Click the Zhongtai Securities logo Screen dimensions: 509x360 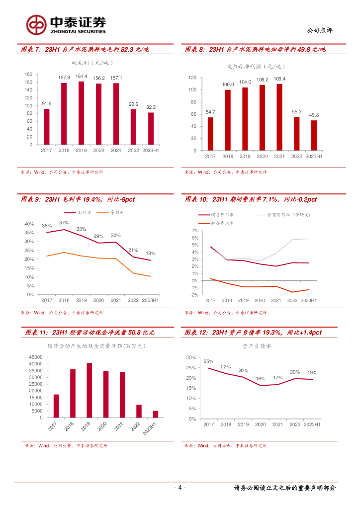click(66, 24)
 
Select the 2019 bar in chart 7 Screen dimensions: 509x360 click(81, 113)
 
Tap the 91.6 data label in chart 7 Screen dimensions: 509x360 click(46, 103)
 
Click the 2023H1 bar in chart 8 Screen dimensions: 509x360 click(314, 135)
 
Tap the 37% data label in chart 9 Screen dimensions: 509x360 click(64, 223)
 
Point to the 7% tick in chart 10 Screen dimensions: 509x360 click(195, 231)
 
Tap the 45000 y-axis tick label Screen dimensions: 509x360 click(35, 357)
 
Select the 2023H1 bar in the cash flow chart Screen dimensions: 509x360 click(156, 414)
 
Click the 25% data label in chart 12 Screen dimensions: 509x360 click(208, 361)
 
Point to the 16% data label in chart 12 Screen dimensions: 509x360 click(261, 379)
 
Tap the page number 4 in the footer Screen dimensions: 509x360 click(180, 488)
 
